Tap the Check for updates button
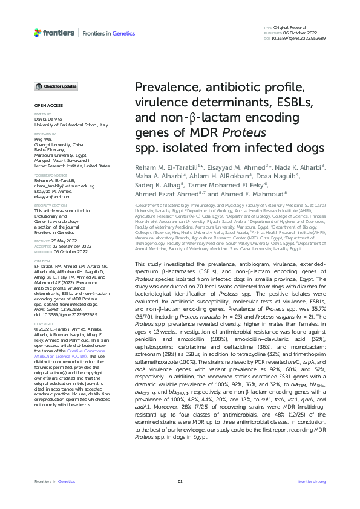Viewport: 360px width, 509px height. (56, 87)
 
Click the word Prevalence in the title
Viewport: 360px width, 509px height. (163, 88)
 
